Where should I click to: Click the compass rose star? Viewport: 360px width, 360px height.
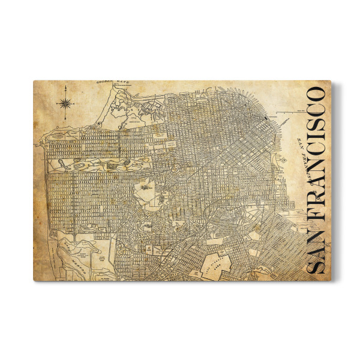click(65, 103)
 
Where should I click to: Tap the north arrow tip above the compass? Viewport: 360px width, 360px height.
click(65, 88)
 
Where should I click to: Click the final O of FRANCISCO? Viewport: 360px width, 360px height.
click(316, 95)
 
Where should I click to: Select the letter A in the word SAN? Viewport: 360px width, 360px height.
click(316, 251)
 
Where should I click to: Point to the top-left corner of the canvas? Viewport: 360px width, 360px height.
click(34, 82)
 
